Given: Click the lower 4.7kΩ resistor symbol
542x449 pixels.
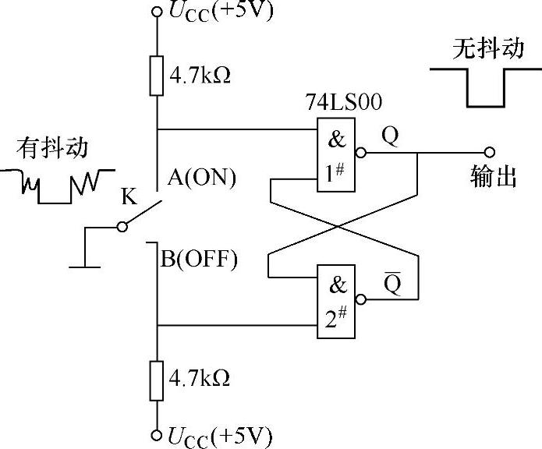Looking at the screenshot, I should click(157, 379).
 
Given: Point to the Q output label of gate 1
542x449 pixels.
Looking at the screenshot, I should click(389, 136).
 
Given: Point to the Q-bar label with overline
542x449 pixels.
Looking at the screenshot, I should click(391, 285).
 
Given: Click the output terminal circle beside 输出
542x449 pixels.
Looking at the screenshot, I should click(490, 153).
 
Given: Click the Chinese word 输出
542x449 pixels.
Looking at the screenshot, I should click(494, 178).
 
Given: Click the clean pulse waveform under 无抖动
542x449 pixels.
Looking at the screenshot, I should click(480, 87).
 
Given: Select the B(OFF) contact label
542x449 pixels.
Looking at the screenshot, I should click(199, 259).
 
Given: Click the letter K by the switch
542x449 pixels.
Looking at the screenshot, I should click(129, 196).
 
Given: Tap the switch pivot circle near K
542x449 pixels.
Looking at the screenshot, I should click(121, 227).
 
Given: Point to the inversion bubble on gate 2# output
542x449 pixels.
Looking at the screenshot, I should click(360, 300).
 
